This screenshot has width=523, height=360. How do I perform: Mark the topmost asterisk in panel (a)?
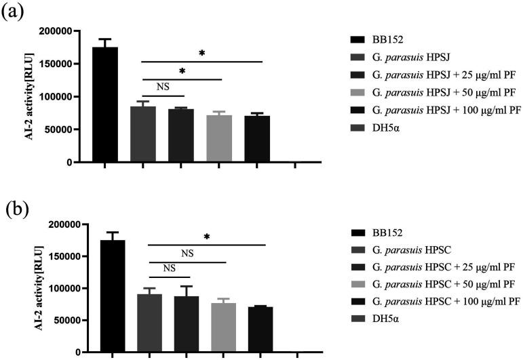click(202, 54)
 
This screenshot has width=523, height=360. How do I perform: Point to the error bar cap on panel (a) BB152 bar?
click(105, 39)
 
